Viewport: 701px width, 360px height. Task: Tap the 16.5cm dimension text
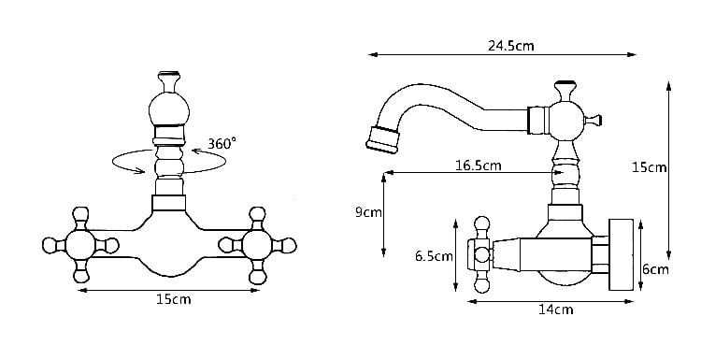(479, 166)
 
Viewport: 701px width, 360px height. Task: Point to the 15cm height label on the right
(649, 168)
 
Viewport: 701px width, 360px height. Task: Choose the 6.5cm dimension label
(434, 255)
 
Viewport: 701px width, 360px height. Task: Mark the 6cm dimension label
(655, 269)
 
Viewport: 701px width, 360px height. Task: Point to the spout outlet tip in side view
(379, 138)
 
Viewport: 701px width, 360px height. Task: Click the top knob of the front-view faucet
(168, 79)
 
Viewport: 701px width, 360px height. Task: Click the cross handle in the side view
(483, 252)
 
